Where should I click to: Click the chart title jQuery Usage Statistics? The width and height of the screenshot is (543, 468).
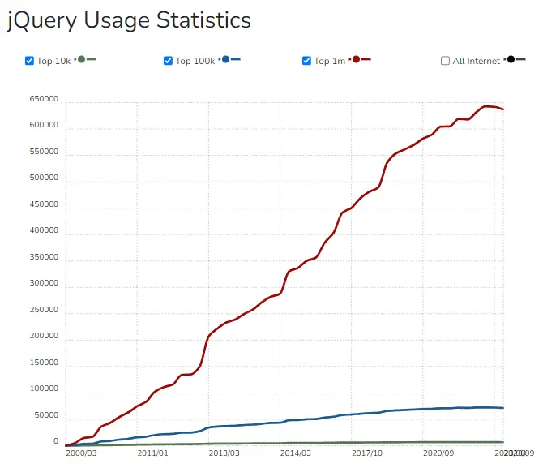(x=130, y=20)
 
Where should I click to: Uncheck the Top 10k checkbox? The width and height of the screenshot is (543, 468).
(x=30, y=61)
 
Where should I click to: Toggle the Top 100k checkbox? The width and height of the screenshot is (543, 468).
(x=169, y=61)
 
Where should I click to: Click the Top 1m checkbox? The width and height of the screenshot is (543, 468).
(x=307, y=61)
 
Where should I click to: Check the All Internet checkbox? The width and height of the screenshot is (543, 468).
(x=445, y=61)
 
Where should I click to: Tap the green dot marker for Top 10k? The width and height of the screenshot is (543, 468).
(x=81, y=60)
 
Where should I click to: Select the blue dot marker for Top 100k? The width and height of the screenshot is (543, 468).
(x=225, y=60)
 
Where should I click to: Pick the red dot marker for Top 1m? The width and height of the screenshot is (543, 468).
(x=355, y=60)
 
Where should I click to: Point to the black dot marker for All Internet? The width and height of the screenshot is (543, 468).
(x=511, y=60)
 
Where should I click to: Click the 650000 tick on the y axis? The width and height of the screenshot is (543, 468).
(x=44, y=99)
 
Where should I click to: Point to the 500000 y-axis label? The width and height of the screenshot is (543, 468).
(x=44, y=178)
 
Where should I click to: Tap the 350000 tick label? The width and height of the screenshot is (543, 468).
(x=44, y=258)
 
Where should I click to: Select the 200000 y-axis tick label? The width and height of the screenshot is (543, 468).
(x=44, y=337)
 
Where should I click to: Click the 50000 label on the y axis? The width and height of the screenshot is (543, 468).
(x=46, y=416)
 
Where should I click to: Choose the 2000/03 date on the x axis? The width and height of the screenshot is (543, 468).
(x=81, y=453)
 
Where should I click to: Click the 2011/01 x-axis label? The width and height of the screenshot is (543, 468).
(x=152, y=453)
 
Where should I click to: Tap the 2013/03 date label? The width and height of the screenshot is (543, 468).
(x=224, y=453)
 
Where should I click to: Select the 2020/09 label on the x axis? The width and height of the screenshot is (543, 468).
(x=438, y=453)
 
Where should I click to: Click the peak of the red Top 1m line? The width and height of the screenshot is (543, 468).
(x=486, y=106)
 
